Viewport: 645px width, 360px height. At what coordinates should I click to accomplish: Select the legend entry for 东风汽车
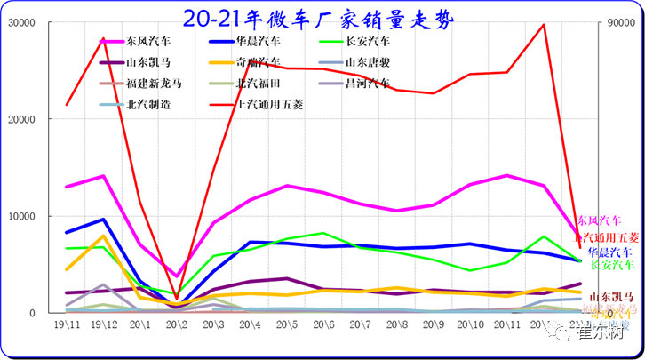coord(149,41)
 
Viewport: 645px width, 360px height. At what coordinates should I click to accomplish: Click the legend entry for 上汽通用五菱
coord(270,105)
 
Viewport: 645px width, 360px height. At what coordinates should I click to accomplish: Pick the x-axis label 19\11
coord(68,327)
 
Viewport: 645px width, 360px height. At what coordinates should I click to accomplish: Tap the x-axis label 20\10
coord(470,327)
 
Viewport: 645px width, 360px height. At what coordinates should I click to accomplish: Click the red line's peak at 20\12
coord(544,24)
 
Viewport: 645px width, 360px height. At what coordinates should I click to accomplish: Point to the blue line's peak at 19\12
coord(104,220)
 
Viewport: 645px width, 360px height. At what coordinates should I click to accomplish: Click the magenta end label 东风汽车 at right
coord(599,220)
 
